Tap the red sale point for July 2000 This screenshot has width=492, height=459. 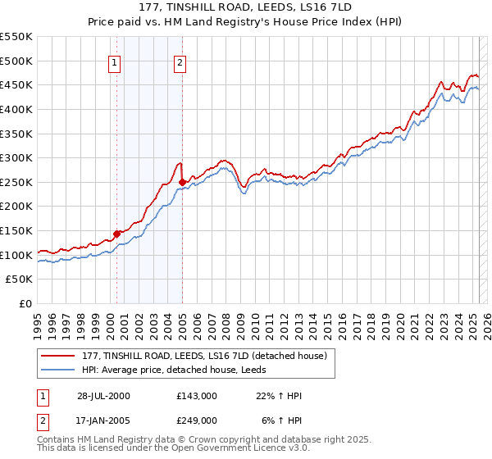point(117,234)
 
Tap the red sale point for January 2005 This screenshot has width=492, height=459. point(182,182)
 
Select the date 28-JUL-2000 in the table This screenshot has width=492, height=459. point(102,396)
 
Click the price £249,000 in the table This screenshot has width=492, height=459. point(196,420)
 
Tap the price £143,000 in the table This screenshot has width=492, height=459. point(196,396)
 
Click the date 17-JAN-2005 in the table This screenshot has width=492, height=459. point(102,420)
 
